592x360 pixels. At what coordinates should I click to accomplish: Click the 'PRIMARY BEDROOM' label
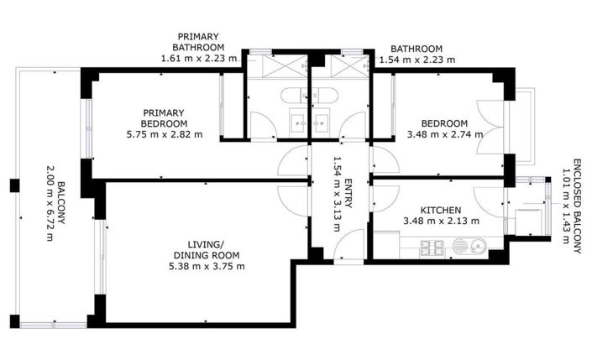coord(164,117)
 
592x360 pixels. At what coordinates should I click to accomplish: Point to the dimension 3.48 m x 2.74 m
coord(444,133)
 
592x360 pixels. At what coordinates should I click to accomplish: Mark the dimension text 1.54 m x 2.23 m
coord(416,60)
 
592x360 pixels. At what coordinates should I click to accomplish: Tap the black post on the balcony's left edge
coord(14,185)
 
